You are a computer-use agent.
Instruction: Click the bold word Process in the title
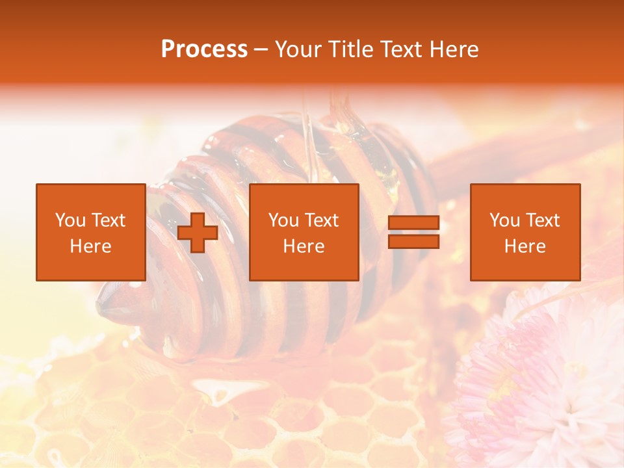point(204,49)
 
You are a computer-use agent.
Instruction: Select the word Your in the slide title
point(299,49)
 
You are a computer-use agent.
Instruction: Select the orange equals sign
point(413,233)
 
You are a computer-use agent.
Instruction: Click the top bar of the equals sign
point(413,223)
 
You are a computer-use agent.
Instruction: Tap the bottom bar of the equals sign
point(413,242)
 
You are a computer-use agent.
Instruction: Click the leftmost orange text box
point(90,232)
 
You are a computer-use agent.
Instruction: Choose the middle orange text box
point(304,232)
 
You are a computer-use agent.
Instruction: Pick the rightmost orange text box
point(525,232)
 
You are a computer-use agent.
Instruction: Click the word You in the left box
point(70,220)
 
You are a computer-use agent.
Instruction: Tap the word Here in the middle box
point(304,246)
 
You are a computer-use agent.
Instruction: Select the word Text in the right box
point(543,220)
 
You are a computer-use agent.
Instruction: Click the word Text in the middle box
point(322,220)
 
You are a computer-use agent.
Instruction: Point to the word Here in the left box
point(90,246)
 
